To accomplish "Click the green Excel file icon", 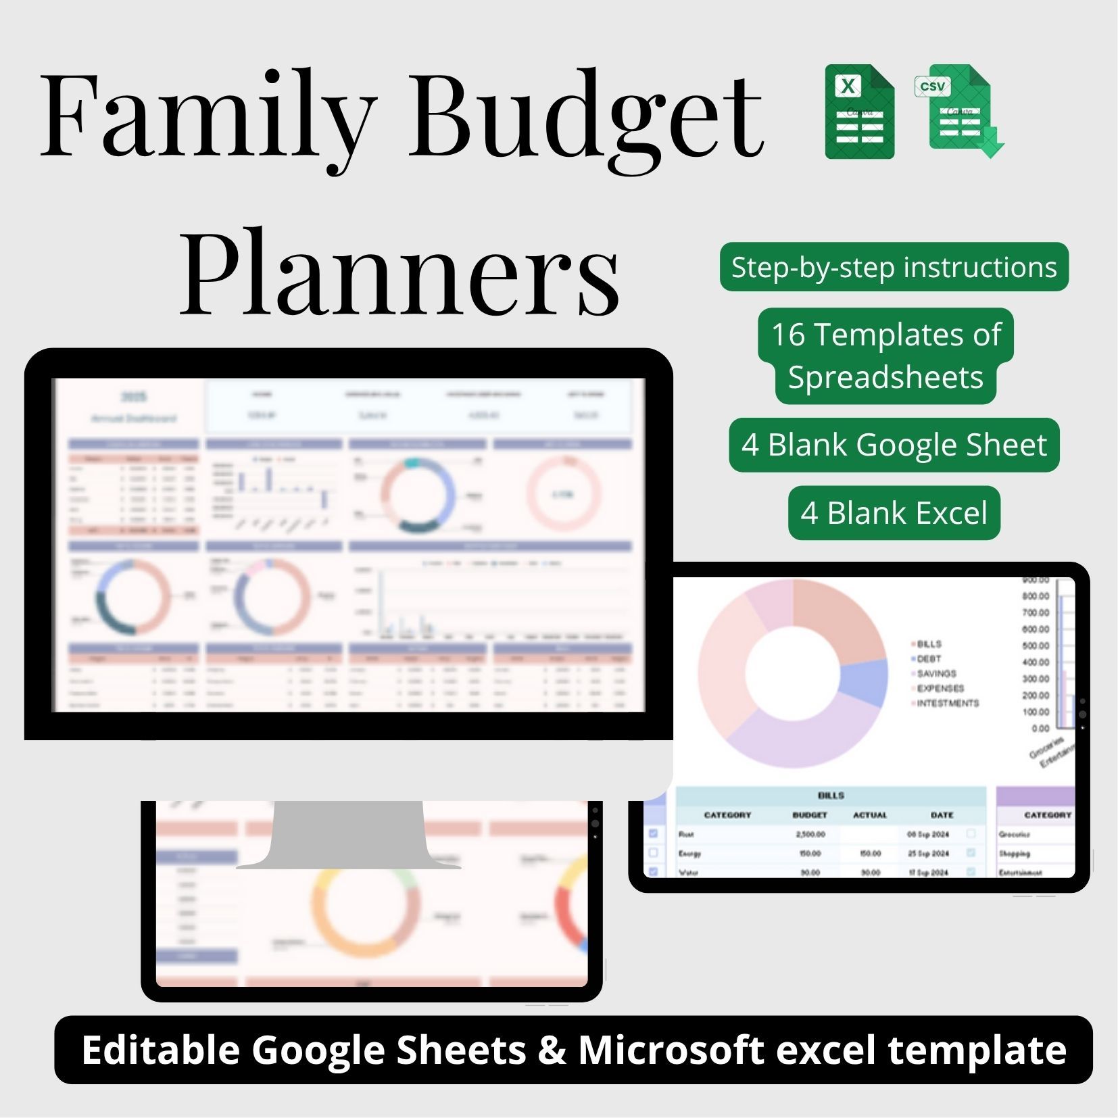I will point(859,112).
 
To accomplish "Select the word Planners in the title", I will point(399,274).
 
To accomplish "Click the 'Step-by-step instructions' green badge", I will point(894,268).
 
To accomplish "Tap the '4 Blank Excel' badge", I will point(894,513).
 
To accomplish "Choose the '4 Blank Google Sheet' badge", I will point(894,445).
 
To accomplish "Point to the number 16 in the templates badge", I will point(788,335).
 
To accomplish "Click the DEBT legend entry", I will point(929,658).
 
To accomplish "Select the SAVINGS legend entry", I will point(936,673).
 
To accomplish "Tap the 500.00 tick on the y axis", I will point(1036,646).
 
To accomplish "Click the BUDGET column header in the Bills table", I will point(809,815).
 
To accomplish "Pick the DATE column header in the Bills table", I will point(942,815).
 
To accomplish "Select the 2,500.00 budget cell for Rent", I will point(810,834).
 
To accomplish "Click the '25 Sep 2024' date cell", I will point(928,854).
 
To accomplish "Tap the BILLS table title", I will point(831,796).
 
